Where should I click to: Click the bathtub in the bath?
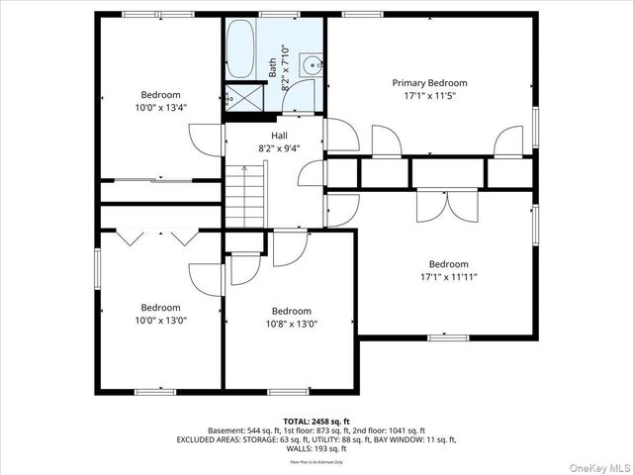point(240,51)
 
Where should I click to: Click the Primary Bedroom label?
point(429,83)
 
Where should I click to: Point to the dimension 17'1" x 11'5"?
point(429,97)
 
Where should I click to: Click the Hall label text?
point(280,136)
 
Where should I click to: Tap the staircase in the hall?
point(245,196)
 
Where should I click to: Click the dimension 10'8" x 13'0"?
point(292,324)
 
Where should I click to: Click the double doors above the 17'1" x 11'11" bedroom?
point(447,205)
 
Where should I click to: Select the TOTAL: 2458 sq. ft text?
point(316,421)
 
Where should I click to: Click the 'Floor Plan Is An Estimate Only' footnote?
point(316,462)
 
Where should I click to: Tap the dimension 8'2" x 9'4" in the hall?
point(280,148)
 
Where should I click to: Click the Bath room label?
point(273,67)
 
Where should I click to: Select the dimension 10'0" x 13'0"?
point(159,321)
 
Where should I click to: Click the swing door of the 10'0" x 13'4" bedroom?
point(207,140)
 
